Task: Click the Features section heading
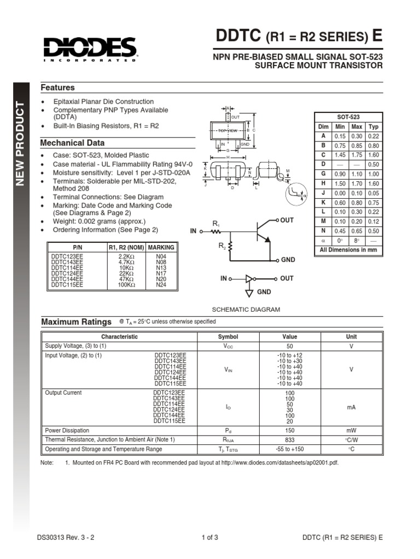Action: (58, 87)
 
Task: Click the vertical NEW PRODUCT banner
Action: (20, 144)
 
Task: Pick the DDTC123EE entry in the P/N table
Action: (68, 257)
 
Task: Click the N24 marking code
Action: (161, 284)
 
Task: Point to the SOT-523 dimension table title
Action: (349, 117)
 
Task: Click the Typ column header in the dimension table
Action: (374, 127)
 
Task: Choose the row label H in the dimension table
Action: (323, 184)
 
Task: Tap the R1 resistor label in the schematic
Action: (215, 224)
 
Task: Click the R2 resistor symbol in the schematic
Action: (230, 248)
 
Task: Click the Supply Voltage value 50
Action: (289, 347)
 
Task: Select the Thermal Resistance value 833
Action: (289, 439)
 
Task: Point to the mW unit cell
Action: (351, 430)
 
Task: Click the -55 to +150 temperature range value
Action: (289, 449)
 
